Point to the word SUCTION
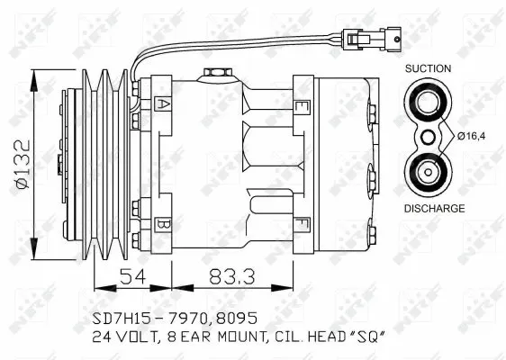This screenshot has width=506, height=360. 428,68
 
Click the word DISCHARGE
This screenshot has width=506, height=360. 433,208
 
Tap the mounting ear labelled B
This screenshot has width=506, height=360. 162,222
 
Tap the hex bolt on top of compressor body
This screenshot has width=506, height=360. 216,72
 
